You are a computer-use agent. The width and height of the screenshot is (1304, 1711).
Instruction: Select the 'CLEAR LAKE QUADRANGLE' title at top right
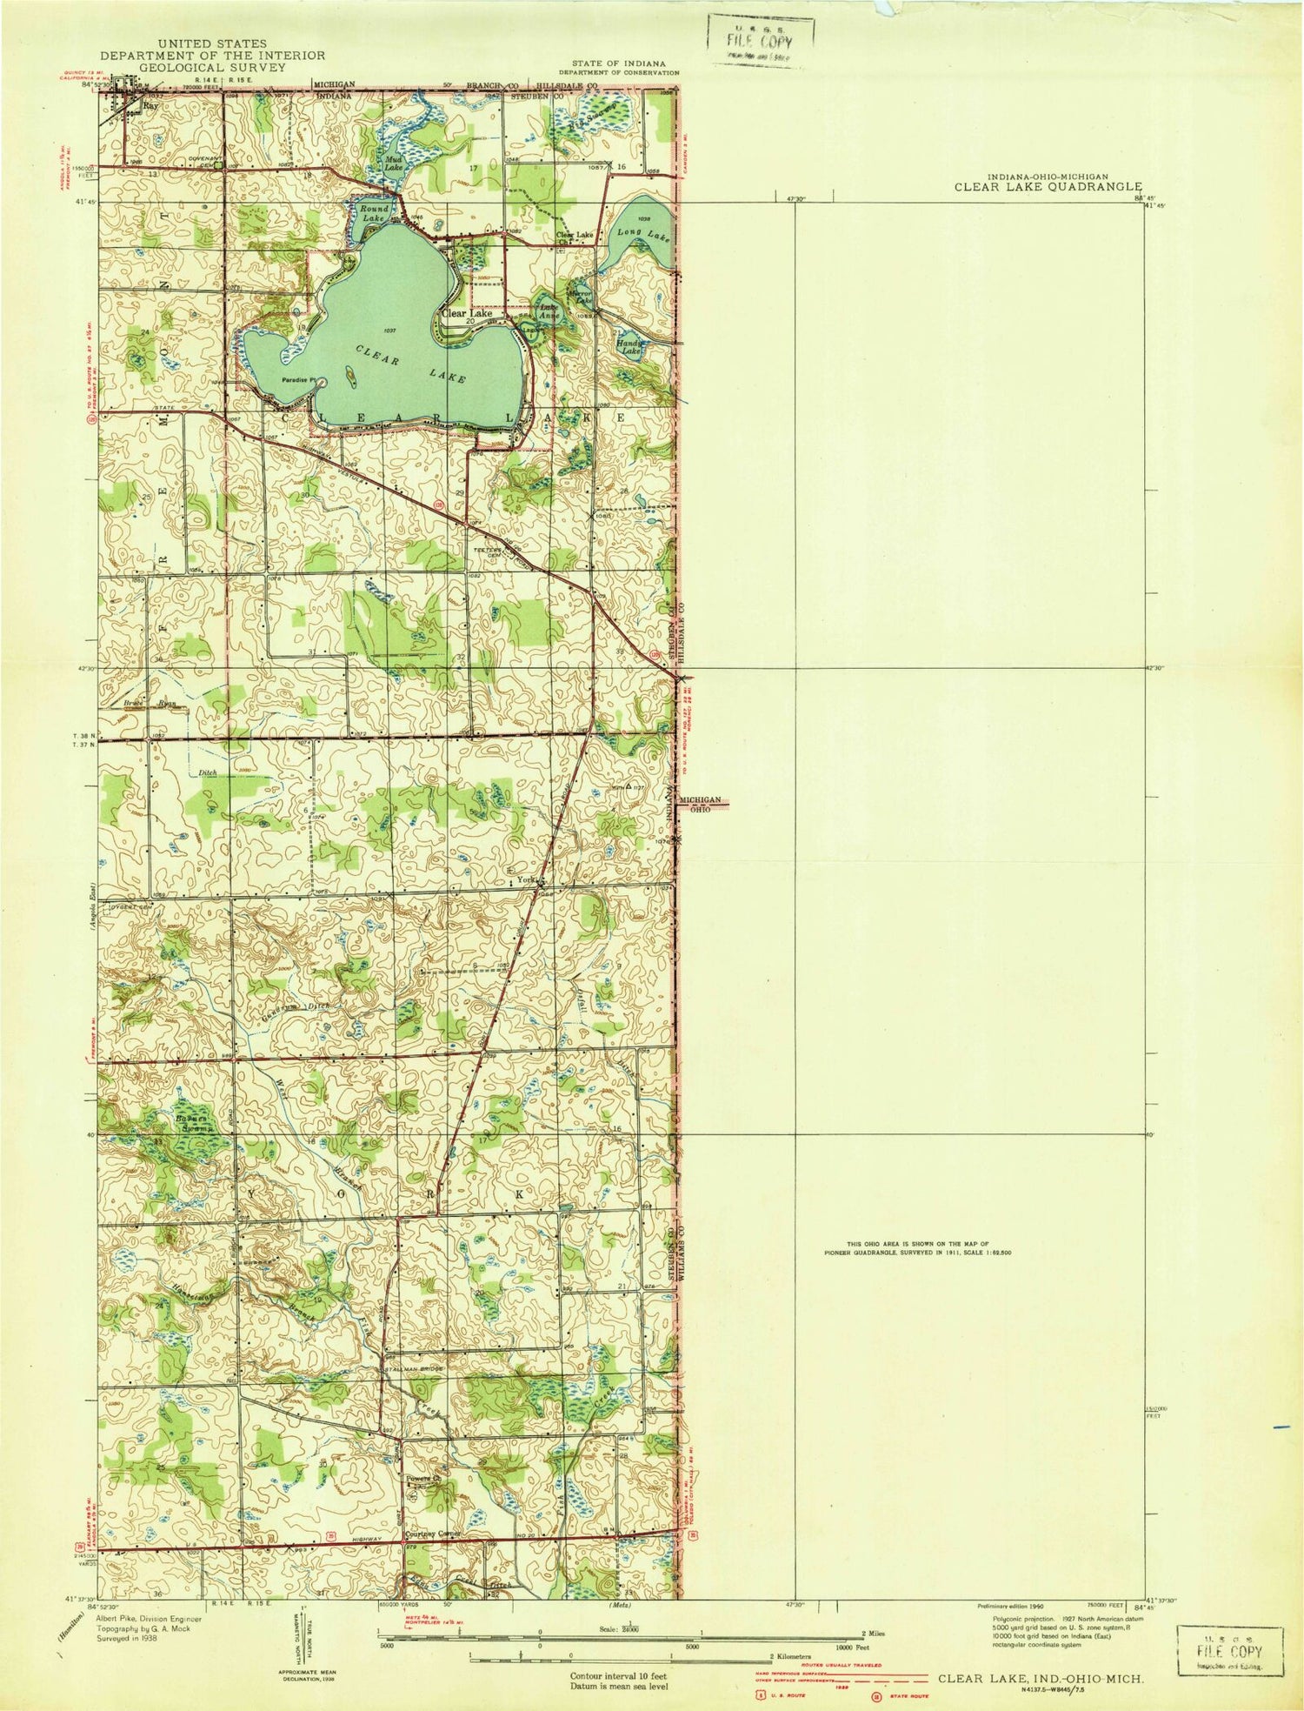point(1048,185)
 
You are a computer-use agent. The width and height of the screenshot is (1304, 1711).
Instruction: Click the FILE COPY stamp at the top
point(761,41)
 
